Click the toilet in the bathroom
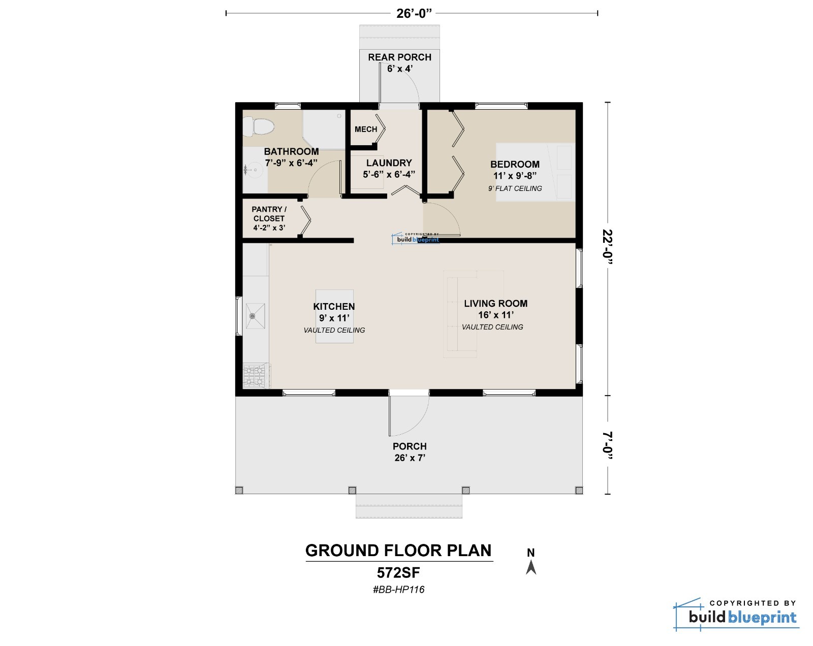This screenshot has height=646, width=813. point(259,126)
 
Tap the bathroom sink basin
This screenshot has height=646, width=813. point(253,170)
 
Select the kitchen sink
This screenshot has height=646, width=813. point(256,316)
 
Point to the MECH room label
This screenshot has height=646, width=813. point(366,129)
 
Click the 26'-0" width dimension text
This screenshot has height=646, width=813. point(414,14)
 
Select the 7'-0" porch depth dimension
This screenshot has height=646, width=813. point(607,445)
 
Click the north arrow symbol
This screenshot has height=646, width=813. point(531,567)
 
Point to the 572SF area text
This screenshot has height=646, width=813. point(398,573)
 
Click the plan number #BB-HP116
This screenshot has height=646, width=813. point(398,589)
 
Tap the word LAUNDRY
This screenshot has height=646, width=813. point(389,163)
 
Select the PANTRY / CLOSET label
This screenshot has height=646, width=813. point(269,214)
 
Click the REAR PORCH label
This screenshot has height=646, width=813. point(400,57)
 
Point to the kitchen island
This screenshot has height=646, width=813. point(334,316)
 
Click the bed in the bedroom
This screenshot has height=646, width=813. point(536,172)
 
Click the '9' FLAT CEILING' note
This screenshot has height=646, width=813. point(515,188)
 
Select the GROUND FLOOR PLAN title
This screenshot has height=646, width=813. point(398,551)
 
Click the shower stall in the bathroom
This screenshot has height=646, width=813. point(324,129)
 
